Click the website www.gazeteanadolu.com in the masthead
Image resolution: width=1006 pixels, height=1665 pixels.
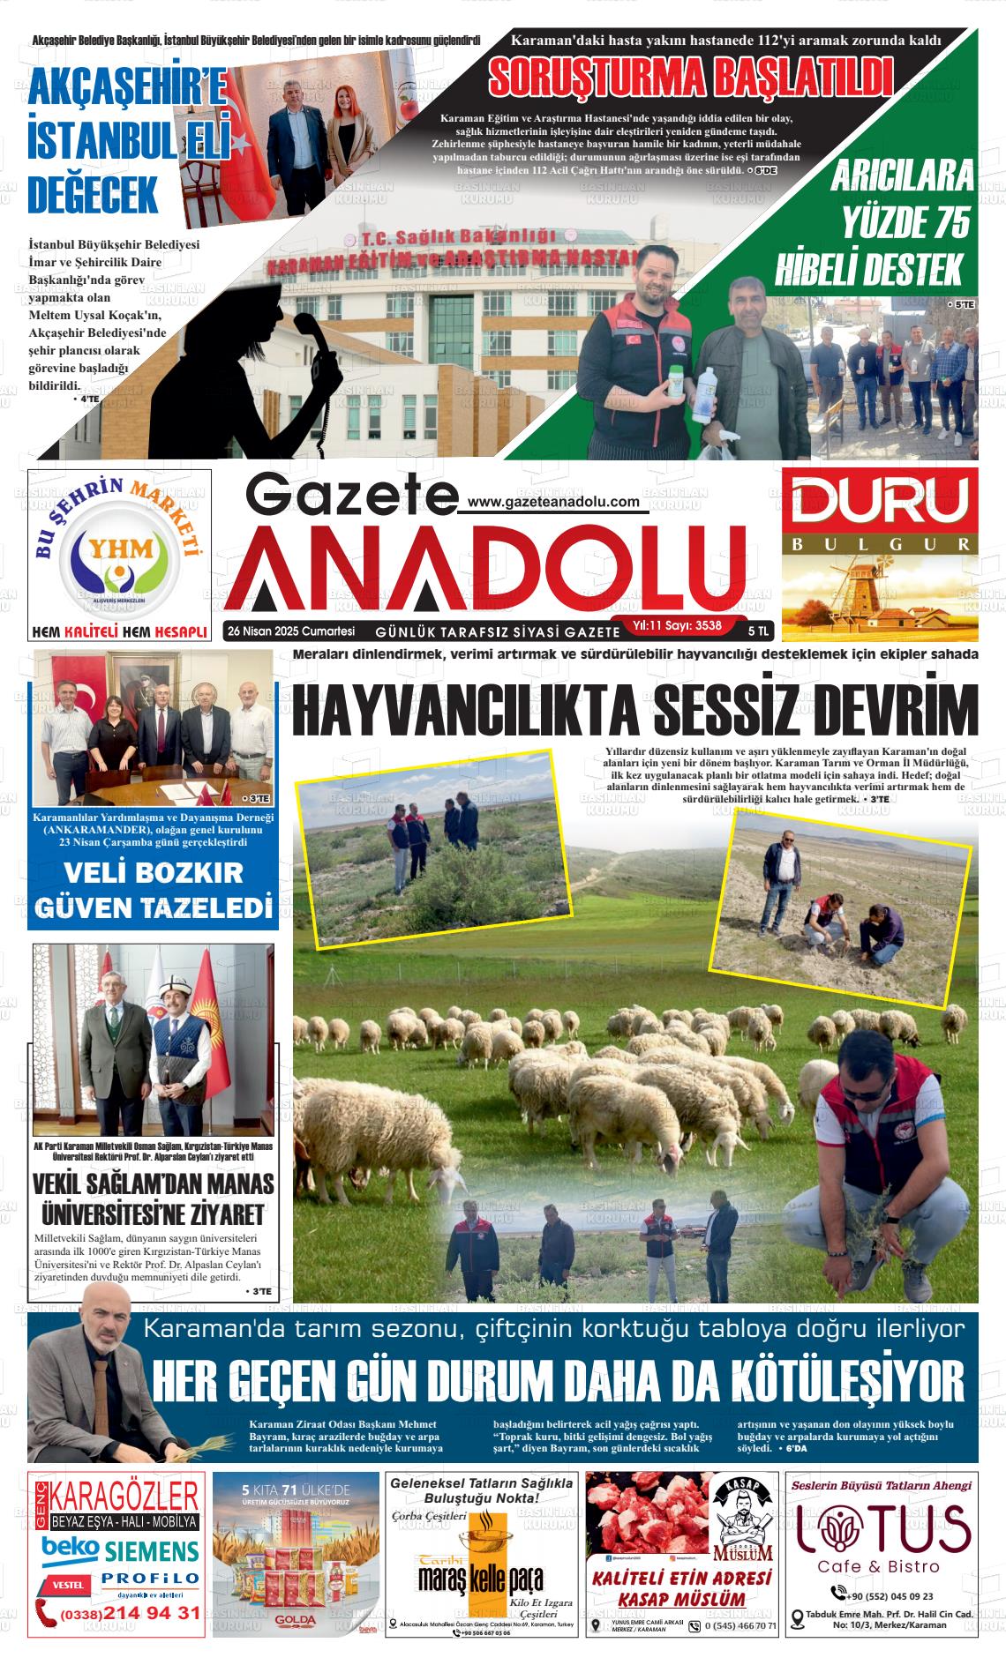pos(553,501)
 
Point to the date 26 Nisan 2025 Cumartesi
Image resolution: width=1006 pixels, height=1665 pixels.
pos(290,631)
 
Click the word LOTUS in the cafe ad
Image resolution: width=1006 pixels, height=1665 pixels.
pos(884,1528)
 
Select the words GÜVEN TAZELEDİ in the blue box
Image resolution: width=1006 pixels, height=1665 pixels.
pos(153,907)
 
